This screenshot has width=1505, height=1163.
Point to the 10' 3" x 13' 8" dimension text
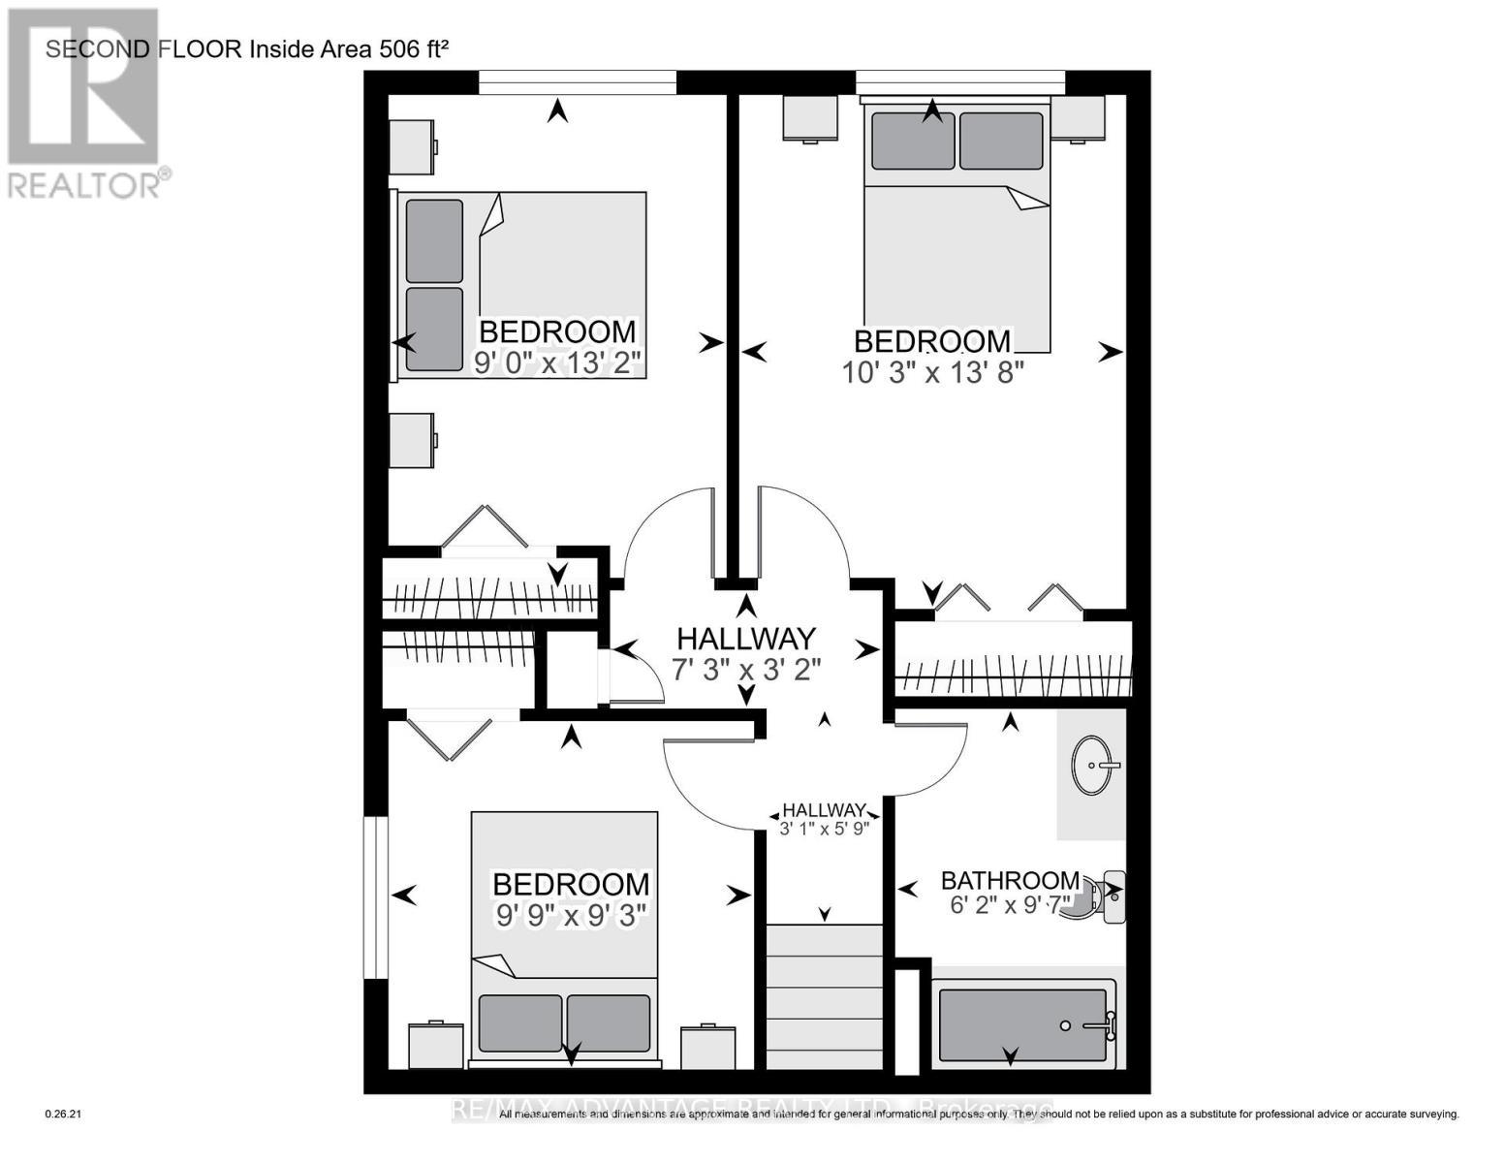tap(933, 372)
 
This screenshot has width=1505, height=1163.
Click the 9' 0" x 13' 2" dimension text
tap(558, 363)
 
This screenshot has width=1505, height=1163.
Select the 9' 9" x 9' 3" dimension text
tap(571, 915)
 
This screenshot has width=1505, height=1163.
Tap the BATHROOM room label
tap(1010, 880)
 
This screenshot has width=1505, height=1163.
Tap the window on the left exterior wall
tap(375, 897)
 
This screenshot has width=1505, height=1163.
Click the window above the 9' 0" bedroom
tap(578, 82)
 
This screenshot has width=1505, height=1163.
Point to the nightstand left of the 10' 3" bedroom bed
tap(810, 118)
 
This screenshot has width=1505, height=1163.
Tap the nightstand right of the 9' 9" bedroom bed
tap(707, 1047)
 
